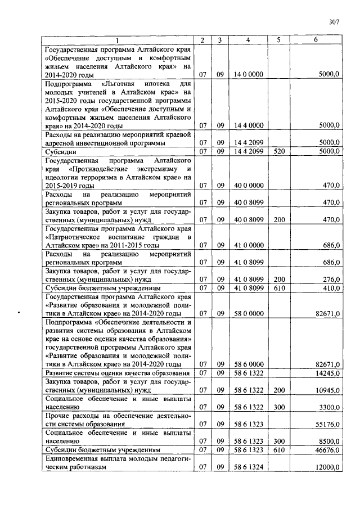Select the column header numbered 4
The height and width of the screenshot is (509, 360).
pyautogui.click(x=248, y=40)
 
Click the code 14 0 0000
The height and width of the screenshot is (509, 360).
pyautogui.click(x=248, y=74)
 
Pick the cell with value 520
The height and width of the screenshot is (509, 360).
pyautogui.click(x=278, y=151)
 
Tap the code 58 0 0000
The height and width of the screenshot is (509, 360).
pyautogui.click(x=248, y=313)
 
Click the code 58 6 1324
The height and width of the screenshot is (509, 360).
pyautogui.click(x=248, y=467)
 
